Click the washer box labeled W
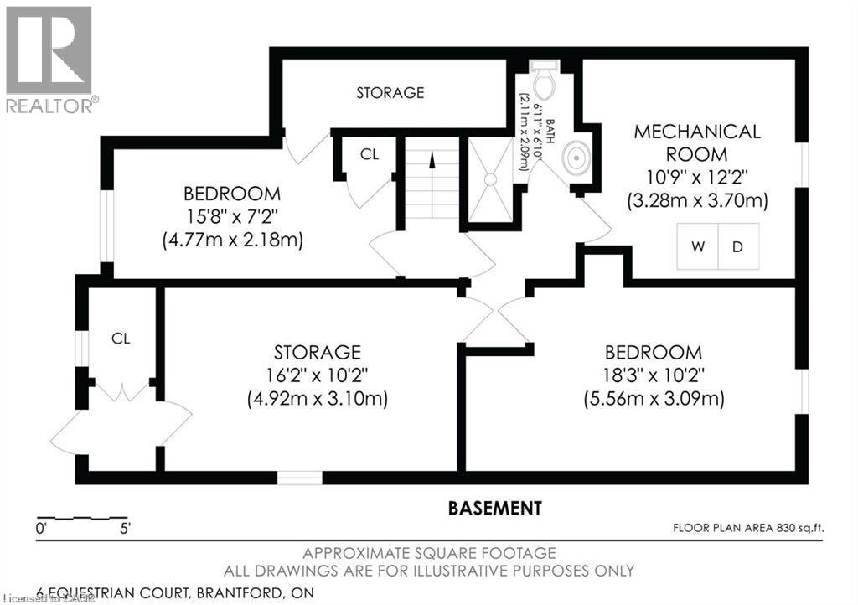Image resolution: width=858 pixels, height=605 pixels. (x=697, y=247)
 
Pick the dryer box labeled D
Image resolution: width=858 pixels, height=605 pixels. (x=738, y=247)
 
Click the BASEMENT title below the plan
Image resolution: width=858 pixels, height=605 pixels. (x=494, y=508)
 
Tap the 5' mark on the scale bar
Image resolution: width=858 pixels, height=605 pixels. (x=125, y=529)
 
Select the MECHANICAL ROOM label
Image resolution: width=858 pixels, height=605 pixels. (x=697, y=142)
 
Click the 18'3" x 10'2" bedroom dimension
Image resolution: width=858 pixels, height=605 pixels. (x=654, y=375)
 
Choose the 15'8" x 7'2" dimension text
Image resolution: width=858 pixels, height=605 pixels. (x=232, y=216)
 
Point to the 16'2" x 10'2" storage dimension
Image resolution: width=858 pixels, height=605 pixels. (x=317, y=375)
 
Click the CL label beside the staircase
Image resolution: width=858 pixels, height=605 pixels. (x=370, y=154)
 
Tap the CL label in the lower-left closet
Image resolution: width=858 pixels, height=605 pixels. (x=121, y=339)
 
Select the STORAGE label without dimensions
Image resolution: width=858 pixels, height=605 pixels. (x=390, y=92)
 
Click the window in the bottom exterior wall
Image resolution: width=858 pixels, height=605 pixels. (x=300, y=478)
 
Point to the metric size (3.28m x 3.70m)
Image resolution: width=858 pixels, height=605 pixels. (x=697, y=201)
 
